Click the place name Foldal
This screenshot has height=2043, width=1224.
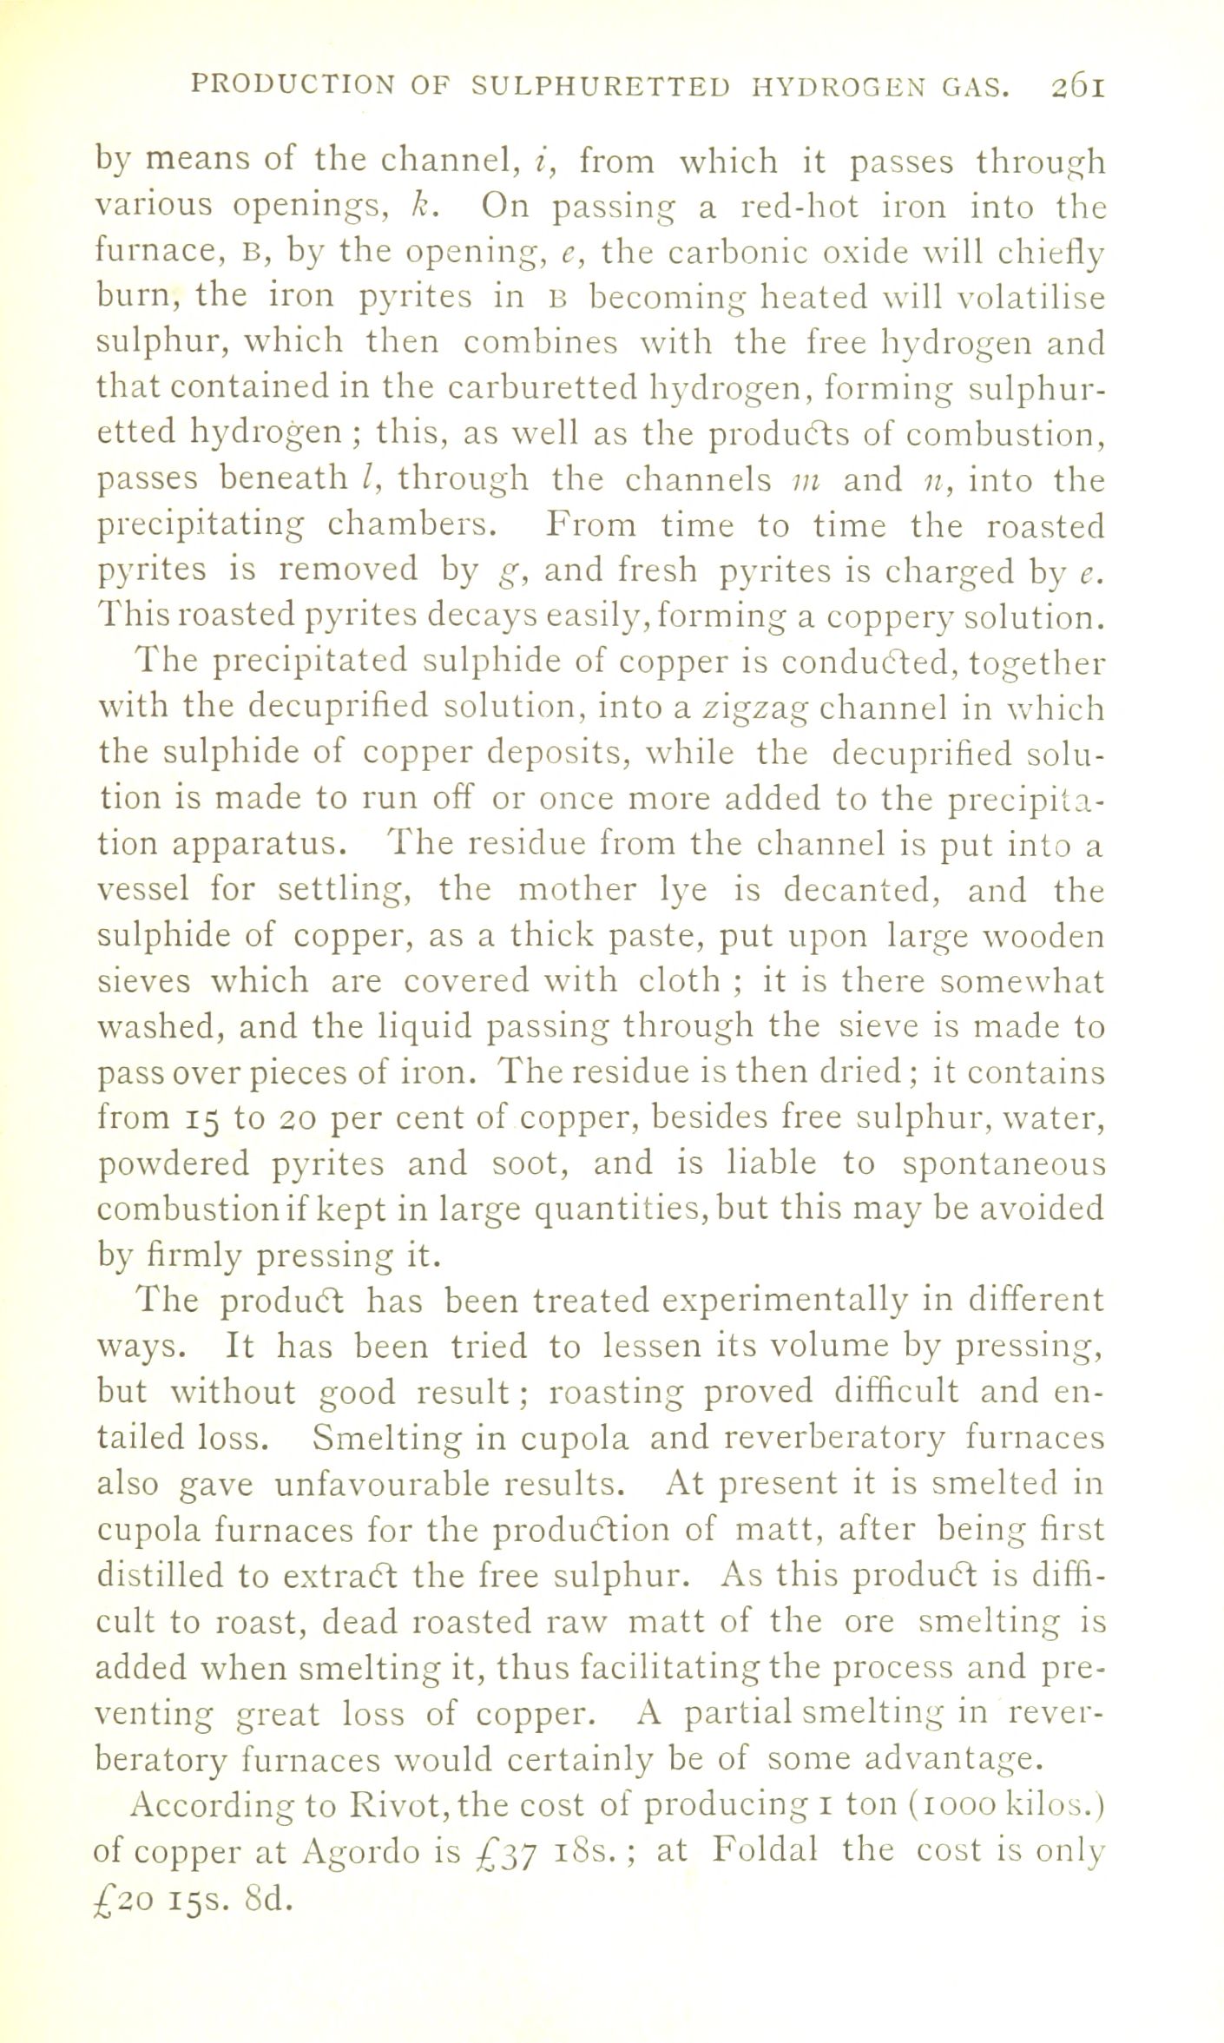(x=764, y=1851)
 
